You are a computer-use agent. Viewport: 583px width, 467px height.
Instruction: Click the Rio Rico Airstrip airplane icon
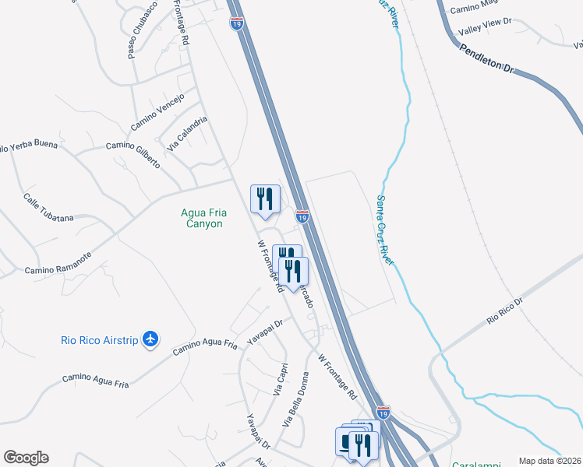tap(151, 339)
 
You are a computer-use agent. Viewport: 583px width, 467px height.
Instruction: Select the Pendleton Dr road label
tap(487, 58)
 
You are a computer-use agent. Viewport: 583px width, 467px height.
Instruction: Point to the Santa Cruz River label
tap(385, 230)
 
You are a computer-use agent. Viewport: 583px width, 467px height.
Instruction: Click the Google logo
tap(26, 458)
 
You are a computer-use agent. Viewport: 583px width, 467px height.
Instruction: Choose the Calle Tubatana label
tap(48, 208)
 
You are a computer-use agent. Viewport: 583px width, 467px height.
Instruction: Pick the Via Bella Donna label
tap(297, 406)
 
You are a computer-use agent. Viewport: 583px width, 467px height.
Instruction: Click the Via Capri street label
tap(281, 380)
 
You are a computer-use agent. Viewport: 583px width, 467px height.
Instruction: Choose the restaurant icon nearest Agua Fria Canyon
tap(265, 200)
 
